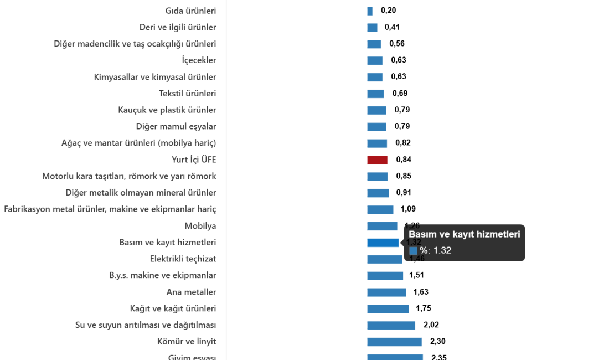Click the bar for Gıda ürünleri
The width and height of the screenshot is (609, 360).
point(370,11)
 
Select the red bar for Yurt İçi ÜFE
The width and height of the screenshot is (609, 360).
point(377,160)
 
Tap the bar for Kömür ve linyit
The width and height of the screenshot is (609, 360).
point(394,342)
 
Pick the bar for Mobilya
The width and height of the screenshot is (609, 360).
point(382,226)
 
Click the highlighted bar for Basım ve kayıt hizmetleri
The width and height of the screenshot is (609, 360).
point(383,243)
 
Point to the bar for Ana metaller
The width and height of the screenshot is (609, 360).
point(386,292)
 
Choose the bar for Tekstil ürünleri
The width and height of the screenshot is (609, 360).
point(375,94)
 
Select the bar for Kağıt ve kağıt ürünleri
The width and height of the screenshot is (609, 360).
point(388,309)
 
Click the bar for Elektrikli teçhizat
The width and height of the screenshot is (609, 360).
point(384,259)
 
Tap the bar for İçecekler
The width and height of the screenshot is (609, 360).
point(375,60)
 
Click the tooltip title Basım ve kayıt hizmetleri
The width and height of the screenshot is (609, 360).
point(465,234)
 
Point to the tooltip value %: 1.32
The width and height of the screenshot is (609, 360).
point(435,250)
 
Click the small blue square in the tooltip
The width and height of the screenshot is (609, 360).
point(413,250)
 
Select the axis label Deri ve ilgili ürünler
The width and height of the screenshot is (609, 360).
point(178,27)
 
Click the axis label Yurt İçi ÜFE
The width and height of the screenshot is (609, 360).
point(194,160)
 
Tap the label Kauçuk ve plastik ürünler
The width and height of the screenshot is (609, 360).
point(167,110)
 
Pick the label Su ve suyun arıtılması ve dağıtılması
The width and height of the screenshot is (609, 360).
point(146,325)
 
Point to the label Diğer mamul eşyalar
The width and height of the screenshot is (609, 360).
point(176,127)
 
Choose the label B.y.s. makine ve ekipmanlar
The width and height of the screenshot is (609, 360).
point(162,275)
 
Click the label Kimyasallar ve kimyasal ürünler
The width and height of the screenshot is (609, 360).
point(155,77)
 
